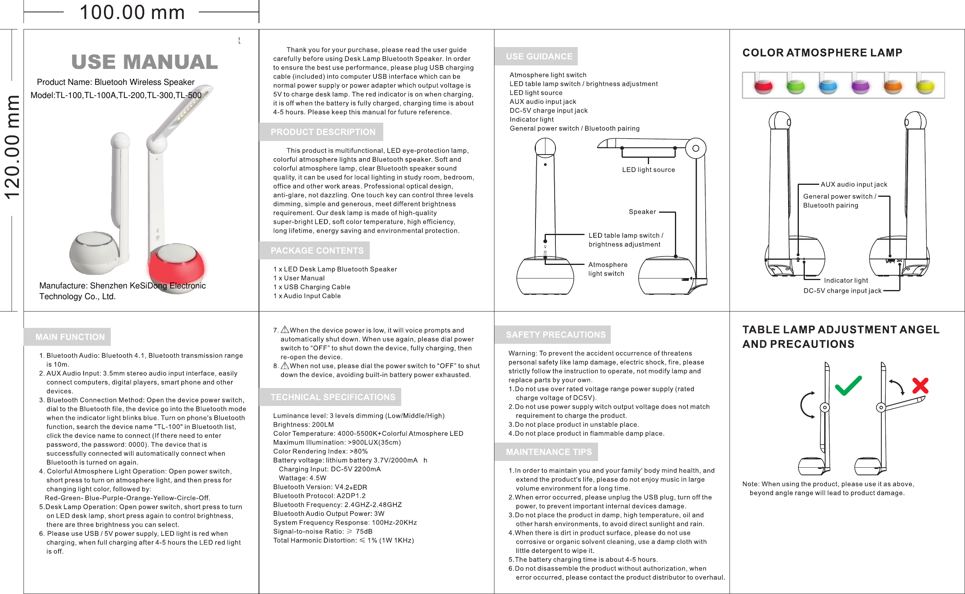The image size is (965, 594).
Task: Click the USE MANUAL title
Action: [x=145, y=62]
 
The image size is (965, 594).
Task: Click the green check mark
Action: [x=848, y=386]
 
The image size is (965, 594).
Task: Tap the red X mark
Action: [x=920, y=386]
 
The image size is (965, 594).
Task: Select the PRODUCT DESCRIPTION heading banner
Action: [x=322, y=132]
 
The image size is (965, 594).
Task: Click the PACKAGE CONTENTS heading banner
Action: [x=317, y=251]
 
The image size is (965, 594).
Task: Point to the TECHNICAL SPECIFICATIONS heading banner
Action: [x=333, y=397]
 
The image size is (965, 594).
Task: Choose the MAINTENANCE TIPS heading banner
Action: [x=549, y=452]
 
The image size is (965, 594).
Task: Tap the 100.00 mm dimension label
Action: [x=132, y=12]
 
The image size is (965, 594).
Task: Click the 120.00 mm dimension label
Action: [x=12, y=147]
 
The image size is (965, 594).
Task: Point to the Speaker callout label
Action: [x=642, y=212]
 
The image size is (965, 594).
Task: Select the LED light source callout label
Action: [x=648, y=170]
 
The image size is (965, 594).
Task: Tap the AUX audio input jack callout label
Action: [x=854, y=184]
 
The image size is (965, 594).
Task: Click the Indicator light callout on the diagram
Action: [x=845, y=280]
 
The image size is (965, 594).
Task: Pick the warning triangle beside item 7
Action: [x=285, y=330]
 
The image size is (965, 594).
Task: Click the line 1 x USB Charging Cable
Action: [x=312, y=287]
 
